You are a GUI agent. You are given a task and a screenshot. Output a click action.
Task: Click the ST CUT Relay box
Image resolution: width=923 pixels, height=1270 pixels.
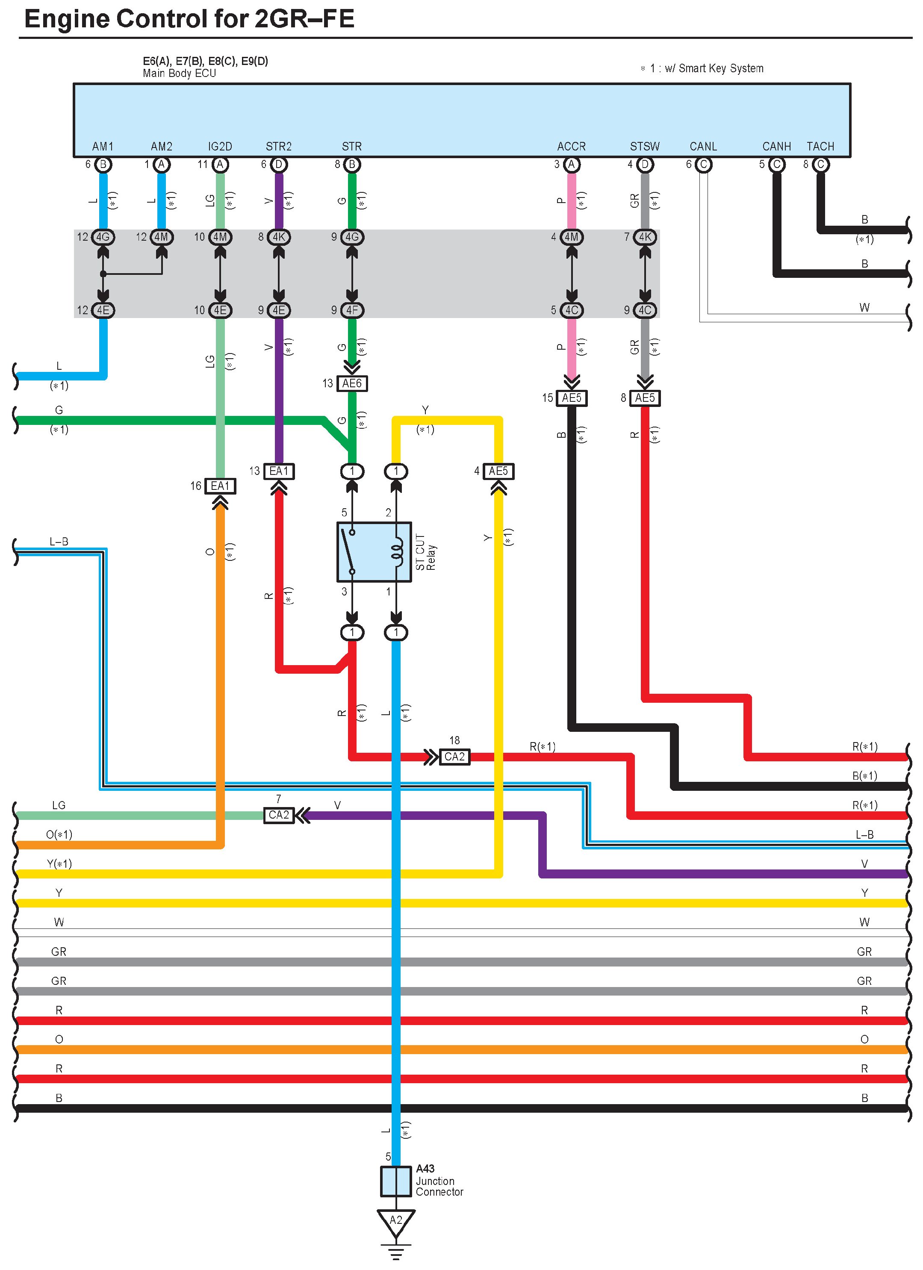click(374, 552)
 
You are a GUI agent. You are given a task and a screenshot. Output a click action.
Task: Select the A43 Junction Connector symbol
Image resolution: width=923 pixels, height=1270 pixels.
click(395, 1182)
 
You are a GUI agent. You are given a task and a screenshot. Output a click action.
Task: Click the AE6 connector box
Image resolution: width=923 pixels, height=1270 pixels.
click(352, 383)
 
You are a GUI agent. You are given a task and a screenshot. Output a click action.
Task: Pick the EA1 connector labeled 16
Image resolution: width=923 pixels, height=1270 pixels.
click(220, 486)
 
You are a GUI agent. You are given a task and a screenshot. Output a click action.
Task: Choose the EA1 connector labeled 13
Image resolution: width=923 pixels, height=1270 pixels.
click(278, 471)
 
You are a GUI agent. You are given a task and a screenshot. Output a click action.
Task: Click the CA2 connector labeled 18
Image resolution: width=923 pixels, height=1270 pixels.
click(454, 757)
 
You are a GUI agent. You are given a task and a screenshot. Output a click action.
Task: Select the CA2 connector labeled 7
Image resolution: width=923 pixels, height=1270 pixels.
click(278, 815)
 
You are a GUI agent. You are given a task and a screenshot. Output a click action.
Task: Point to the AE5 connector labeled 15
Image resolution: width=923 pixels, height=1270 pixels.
click(571, 398)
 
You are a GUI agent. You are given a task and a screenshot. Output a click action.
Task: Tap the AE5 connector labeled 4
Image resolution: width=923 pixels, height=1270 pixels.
click(498, 471)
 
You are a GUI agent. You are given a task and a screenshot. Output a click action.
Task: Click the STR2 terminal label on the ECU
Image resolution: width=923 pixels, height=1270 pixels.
click(278, 147)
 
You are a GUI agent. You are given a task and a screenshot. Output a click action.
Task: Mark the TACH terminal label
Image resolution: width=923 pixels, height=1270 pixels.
click(820, 147)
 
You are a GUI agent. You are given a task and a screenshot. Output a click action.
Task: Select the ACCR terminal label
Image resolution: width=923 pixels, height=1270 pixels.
click(571, 147)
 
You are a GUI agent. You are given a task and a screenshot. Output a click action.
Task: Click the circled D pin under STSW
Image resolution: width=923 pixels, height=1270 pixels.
click(645, 165)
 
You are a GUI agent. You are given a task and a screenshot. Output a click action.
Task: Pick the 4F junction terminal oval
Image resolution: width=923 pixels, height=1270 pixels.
click(352, 310)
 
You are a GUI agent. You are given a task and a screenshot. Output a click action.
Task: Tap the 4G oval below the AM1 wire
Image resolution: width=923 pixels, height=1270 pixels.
click(103, 237)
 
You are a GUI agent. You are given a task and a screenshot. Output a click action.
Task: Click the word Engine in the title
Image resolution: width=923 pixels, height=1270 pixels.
click(67, 19)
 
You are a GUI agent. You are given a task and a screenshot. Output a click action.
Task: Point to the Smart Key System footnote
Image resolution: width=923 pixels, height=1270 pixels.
click(702, 68)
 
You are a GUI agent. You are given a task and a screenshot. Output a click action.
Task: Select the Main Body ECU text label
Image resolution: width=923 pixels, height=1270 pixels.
click(179, 74)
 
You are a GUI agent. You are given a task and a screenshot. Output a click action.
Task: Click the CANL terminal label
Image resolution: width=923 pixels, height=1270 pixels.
click(703, 147)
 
